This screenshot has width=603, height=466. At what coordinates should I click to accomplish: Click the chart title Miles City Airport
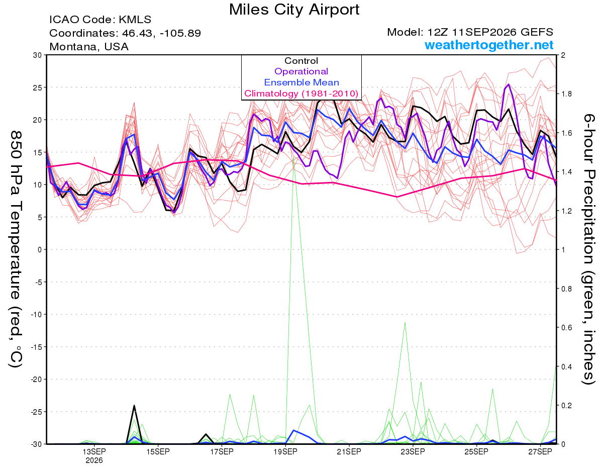click(x=294, y=10)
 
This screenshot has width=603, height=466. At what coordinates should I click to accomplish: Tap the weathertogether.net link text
click(x=489, y=45)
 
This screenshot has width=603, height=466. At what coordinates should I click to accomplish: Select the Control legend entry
click(x=301, y=61)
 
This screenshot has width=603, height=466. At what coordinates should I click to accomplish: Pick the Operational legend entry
click(x=301, y=71)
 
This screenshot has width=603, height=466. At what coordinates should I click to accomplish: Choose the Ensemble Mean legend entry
click(x=301, y=82)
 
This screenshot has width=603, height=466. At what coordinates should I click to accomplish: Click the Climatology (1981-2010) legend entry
click(x=301, y=94)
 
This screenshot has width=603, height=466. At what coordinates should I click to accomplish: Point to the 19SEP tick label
click(x=285, y=451)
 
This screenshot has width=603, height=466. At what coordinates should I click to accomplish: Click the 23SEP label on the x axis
click(x=413, y=451)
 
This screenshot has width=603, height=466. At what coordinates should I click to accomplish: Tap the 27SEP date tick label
click(x=540, y=451)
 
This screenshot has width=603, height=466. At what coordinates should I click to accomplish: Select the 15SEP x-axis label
click(x=158, y=451)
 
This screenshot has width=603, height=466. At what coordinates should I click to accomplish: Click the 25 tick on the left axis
click(x=38, y=87)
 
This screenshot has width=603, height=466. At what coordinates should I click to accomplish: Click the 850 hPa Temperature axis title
click(x=16, y=249)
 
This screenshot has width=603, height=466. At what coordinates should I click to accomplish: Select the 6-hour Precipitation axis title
click(x=588, y=249)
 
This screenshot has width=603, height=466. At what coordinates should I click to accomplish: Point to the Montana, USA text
click(x=89, y=47)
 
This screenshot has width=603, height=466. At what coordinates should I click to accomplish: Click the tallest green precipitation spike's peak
click(x=293, y=157)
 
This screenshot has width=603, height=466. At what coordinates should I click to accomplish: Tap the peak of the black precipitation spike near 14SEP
click(x=134, y=406)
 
